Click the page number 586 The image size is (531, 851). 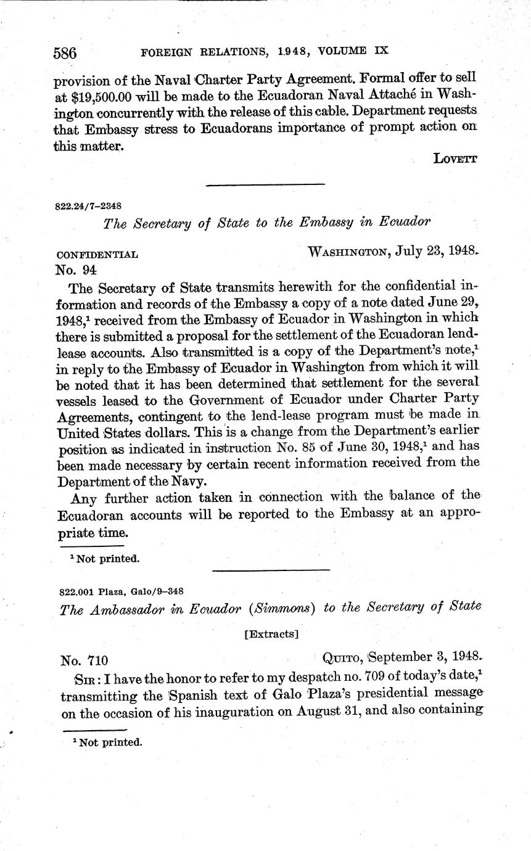coord(65,53)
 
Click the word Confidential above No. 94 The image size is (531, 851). coord(97,254)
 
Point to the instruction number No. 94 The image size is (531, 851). coord(76,269)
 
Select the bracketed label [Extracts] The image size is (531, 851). coord(271,633)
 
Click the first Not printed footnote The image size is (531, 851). coord(104,559)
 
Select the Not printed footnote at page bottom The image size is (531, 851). coord(107,742)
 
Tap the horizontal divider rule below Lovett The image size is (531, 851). coord(265,184)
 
